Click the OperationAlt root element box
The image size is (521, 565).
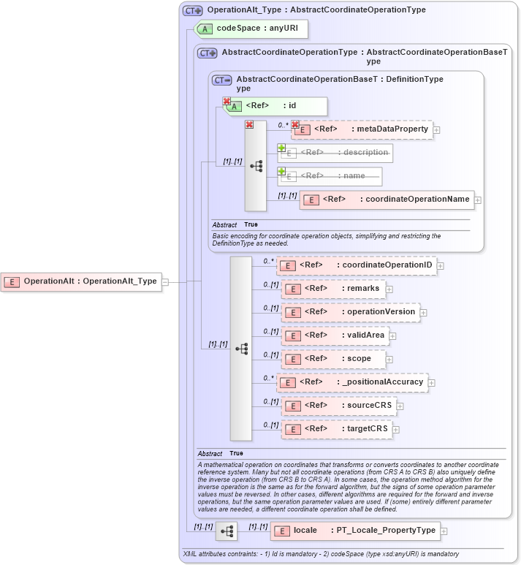tap(81, 281)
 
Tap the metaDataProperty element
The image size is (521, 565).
tap(362, 130)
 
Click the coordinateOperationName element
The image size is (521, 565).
tap(387, 200)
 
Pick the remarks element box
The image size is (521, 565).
tap(332, 289)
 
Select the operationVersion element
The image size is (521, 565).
tap(350, 312)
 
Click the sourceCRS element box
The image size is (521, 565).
tap(338, 406)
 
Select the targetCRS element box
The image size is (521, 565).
tap(337, 429)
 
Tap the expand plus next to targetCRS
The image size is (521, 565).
tap(398, 429)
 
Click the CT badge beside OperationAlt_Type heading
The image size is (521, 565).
tap(192, 10)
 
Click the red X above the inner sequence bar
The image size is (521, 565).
tap(249, 125)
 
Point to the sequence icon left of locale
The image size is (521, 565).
tap(226, 531)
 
